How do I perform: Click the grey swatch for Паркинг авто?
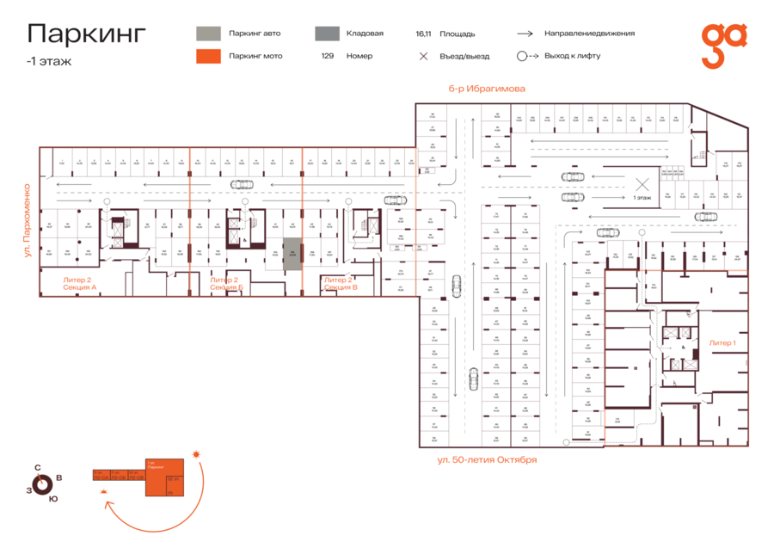[207, 34]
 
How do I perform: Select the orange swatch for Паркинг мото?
[207, 56]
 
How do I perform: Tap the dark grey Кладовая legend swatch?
[326, 34]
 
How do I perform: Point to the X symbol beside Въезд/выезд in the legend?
[423, 56]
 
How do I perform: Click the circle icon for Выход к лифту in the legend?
[521, 56]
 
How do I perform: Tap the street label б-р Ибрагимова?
[486, 89]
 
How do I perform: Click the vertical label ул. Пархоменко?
[28, 219]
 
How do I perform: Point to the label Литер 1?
[722, 342]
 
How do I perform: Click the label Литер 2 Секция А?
[80, 283]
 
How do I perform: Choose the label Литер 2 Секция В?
[341, 283]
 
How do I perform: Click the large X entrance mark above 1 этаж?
[642, 183]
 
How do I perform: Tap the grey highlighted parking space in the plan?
[292, 254]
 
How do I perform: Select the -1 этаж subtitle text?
[49, 61]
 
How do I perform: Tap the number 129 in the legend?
[328, 56]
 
